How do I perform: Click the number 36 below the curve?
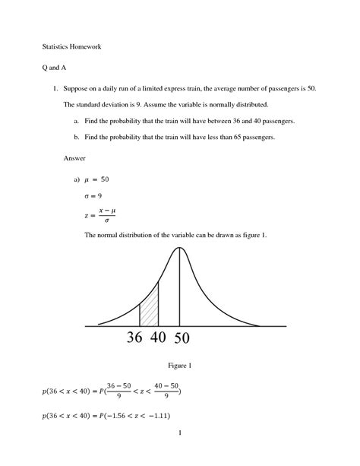135,338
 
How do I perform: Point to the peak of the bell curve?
180,249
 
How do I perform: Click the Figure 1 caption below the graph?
179,366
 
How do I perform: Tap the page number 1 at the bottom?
179,454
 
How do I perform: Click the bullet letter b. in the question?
76,137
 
